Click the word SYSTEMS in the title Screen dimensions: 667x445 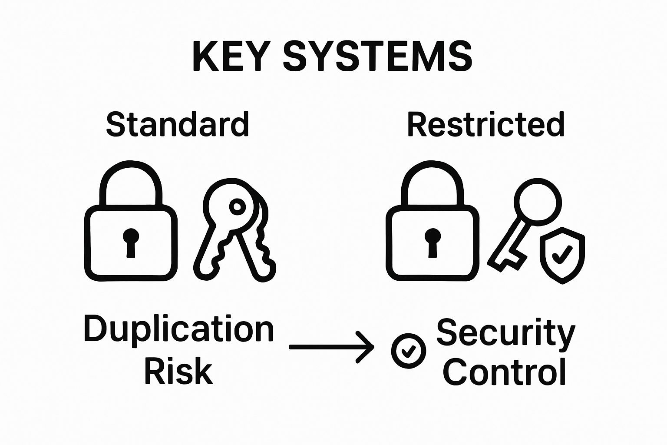point(377,57)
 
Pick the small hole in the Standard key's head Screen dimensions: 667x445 point(237,206)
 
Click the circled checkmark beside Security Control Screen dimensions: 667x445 point(408,351)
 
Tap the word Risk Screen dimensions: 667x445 point(178,372)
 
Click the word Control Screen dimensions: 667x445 point(505,372)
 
